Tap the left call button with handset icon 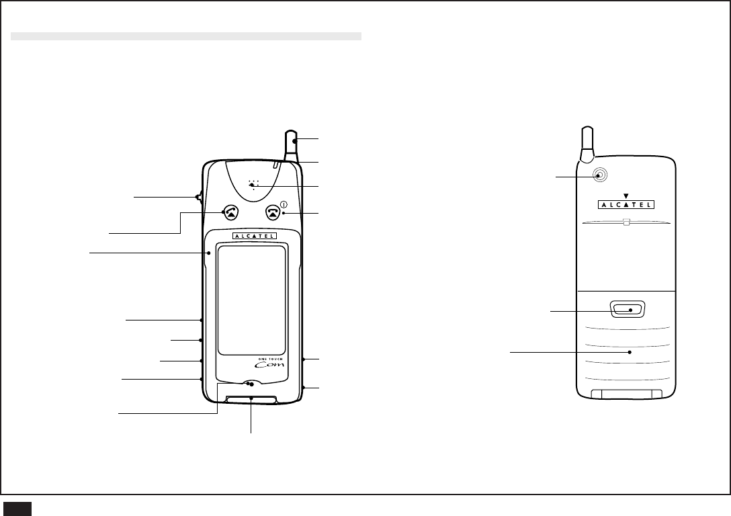(x=230, y=212)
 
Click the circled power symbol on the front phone (x=284, y=204)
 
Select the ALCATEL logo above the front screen (x=255, y=236)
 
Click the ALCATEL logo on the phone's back (x=626, y=204)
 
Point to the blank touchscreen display (x=251, y=300)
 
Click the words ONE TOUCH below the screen (x=270, y=359)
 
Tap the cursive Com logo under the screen (x=272, y=365)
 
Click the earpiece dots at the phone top (x=253, y=184)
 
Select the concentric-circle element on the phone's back (x=601, y=175)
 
